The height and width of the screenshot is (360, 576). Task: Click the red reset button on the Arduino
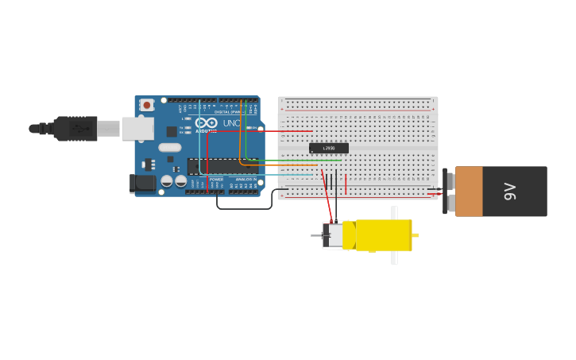click(x=147, y=105)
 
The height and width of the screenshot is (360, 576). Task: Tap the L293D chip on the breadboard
click(x=328, y=148)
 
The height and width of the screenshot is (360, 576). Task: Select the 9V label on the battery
click(x=510, y=191)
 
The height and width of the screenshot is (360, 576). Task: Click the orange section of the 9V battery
click(x=469, y=192)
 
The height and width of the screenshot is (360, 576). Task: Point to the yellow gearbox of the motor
click(x=383, y=235)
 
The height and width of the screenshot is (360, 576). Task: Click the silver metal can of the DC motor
click(x=334, y=235)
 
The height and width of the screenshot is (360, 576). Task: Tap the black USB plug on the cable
click(x=75, y=128)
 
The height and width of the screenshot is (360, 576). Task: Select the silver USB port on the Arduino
click(x=137, y=128)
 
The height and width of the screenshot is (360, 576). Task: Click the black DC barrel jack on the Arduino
click(x=143, y=183)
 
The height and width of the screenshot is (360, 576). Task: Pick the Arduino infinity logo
click(x=206, y=123)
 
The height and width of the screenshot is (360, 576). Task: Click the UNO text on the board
click(x=230, y=123)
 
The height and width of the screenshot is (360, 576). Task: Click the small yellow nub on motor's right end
click(x=416, y=235)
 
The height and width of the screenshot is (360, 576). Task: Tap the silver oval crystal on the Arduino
click(x=170, y=147)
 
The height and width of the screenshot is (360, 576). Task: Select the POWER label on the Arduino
click(x=216, y=180)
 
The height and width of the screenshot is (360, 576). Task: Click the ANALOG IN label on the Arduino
click(x=245, y=180)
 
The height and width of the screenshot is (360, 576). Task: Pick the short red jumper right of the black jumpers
click(x=346, y=184)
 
